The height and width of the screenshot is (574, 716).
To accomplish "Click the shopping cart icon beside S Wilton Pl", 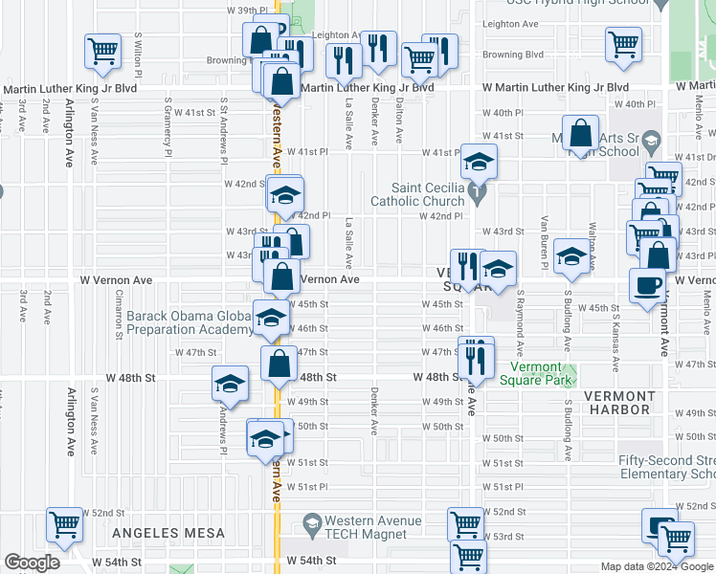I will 102,52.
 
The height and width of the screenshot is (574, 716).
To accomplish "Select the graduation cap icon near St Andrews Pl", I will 229,383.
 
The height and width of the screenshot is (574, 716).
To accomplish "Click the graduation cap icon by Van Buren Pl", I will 571,255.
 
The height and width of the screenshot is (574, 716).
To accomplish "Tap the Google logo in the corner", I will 33,563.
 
